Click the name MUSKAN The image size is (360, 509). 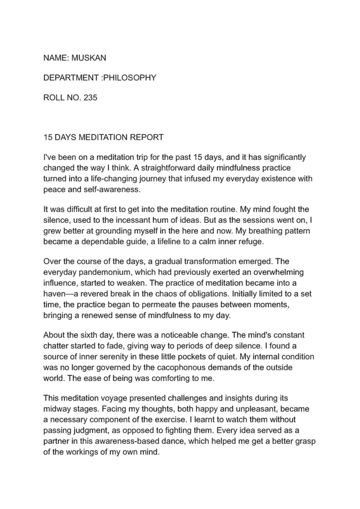pyautogui.click(x=88, y=58)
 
